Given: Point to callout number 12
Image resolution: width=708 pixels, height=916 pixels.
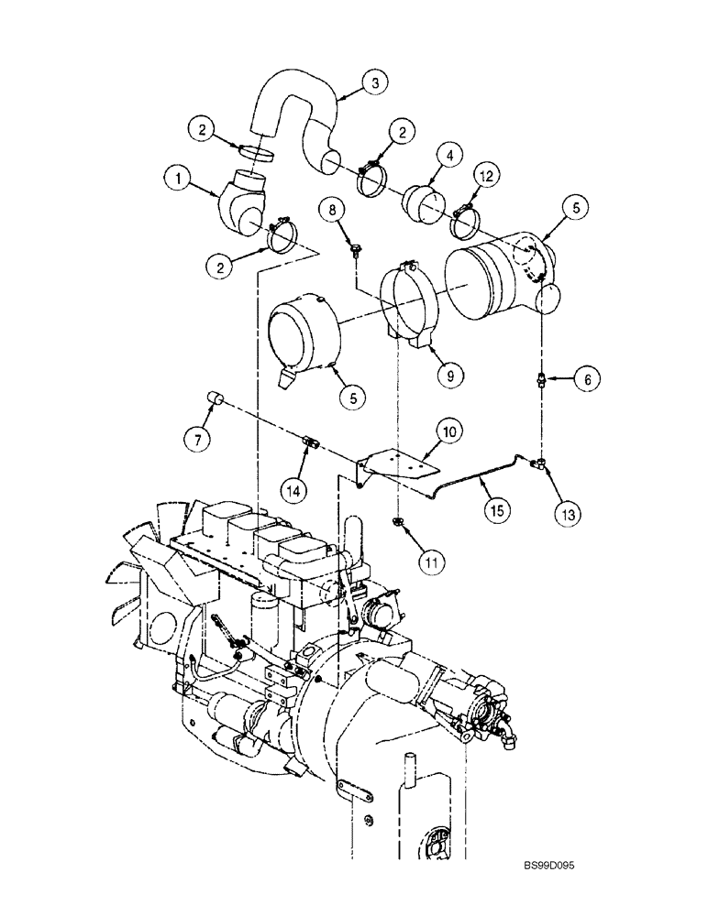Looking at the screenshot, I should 487,174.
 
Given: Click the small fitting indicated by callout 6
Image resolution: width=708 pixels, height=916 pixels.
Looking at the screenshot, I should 542,377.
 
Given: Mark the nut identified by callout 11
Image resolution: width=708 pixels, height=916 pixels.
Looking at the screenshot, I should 399,523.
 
